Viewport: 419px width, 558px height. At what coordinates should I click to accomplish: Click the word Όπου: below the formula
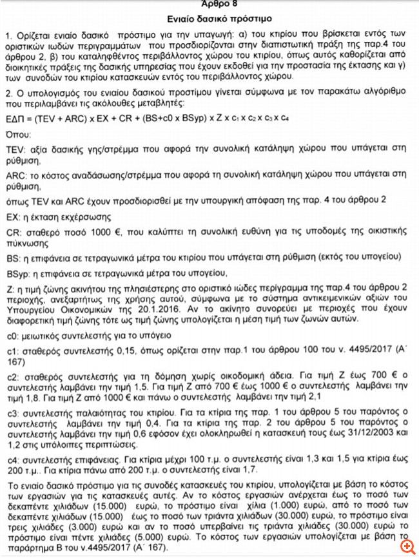pyautogui.click(x=16, y=136)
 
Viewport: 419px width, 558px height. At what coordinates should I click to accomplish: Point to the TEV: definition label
pyautogui.click(x=14, y=148)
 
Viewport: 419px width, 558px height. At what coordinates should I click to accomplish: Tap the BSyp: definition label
pyautogui.click(x=17, y=274)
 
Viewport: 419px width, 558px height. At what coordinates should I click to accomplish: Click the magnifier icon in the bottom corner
pyautogui.click(x=405, y=546)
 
